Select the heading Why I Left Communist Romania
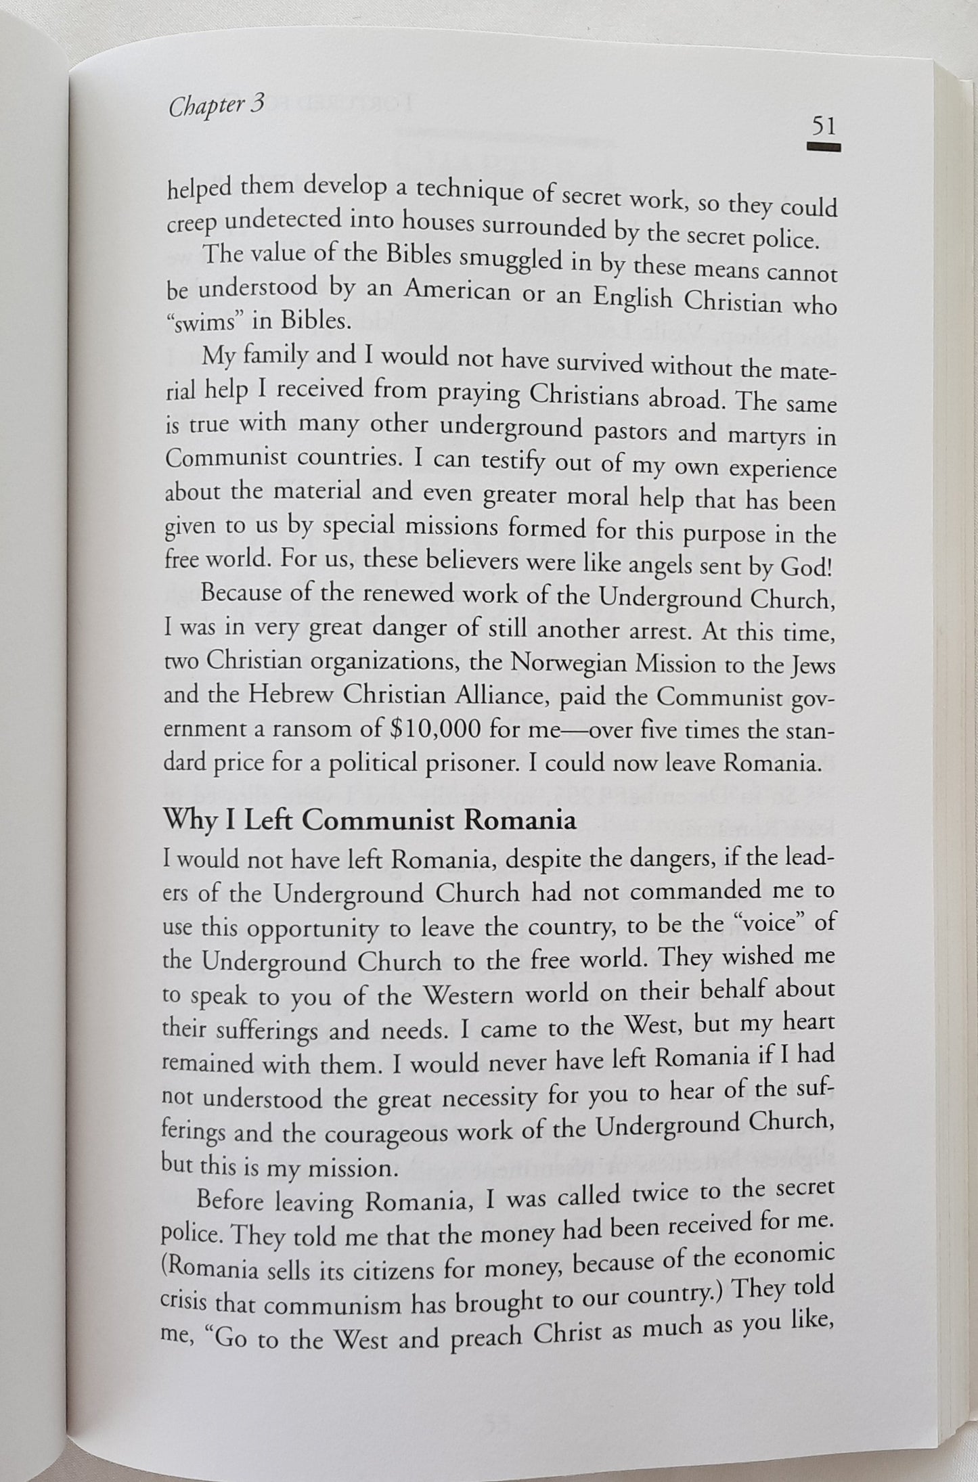370,820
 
